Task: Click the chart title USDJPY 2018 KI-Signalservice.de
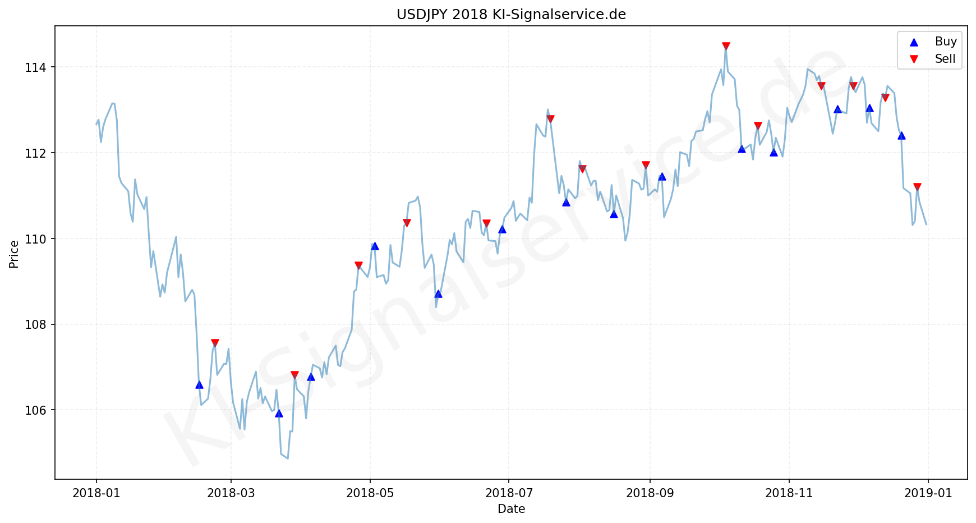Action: coord(511,15)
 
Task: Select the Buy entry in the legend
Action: coord(945,42)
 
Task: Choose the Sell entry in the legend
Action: coord(945,59)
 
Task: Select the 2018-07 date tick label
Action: coord(508,493)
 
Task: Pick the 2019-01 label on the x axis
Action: coord(928,493)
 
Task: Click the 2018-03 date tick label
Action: coord(231,493)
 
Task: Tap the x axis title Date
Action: coord(511,509)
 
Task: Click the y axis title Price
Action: coord(14,254)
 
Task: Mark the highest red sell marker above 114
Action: coord(726,46)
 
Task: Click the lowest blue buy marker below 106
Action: coord(279,414)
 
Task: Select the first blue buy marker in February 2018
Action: coord(199,384)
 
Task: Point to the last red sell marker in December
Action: coord(917,187)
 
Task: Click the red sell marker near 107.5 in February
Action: coord(215,343)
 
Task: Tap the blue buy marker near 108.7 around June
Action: coord(438,293)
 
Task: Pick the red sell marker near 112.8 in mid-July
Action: coord(550,119)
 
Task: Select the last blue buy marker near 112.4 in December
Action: coord(901,135)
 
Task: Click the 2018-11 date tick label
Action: coord(789,493)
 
